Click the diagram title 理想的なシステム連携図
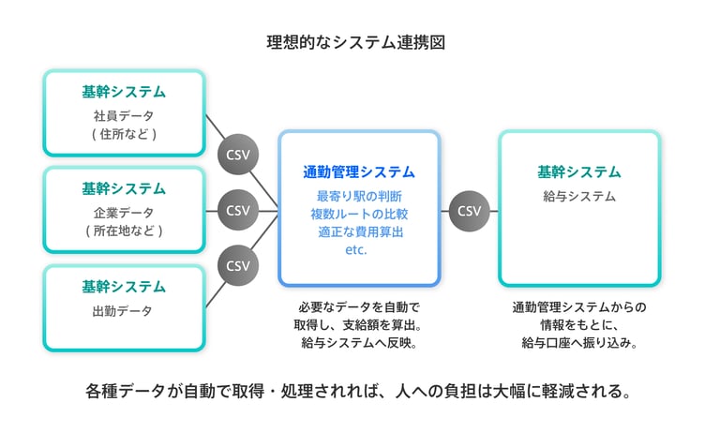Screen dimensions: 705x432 coord(355,42)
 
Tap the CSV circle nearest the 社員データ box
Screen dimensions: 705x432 coord(238,155)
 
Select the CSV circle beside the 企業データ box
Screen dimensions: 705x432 coord(238,211)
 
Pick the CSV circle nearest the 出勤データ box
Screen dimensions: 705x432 coord(238,266)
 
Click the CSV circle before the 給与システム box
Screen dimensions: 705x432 coord(469,211)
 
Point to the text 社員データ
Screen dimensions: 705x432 coord(124,116)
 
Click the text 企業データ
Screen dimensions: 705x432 coord(124,213)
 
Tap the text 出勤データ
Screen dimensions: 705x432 coord(122,311)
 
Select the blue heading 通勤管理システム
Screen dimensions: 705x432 coord(359,172)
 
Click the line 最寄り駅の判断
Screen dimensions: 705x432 coord(359,197)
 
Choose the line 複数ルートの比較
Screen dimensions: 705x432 coord(359,214)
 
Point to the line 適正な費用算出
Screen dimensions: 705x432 coord(361,232)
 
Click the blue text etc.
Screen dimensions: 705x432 coord(356,250)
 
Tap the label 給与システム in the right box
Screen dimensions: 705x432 coord(579,197)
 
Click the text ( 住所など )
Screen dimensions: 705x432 coord(124,134)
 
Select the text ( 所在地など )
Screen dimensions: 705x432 coord(124,231)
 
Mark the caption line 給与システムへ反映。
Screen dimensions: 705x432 coord(359,343)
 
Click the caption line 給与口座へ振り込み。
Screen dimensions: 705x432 coord(579,343)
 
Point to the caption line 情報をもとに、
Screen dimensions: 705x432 coord(579,325)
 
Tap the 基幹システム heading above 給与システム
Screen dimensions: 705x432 coord(579,172)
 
